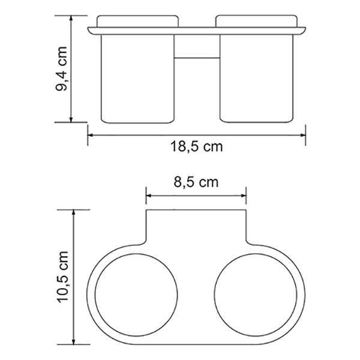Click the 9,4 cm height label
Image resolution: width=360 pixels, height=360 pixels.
pyautogui.click(x=61, y=68)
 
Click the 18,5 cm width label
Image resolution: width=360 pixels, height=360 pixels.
pyautogui.click(x=197, y=146)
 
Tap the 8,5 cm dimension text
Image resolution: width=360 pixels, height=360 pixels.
pyautogui.click(x=196, y=182)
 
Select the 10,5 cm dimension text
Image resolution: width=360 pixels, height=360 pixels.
pyautogui.click(x=63, y=277)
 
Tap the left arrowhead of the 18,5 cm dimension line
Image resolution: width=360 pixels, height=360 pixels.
pyautogui.click(x=90, y=135)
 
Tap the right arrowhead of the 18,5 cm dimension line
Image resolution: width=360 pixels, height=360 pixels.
pyautogui.click(x=303, y=135)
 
